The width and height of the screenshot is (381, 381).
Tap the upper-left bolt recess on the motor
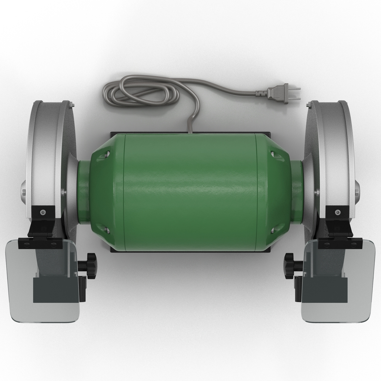tap(106, 154)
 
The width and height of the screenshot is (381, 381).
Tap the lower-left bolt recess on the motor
tap(106, 231)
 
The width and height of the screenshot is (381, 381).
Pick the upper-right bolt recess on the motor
tap(274, 154)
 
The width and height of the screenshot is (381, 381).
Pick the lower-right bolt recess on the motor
tap(274, 231)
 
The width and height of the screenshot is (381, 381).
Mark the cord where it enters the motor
tap(190, 129)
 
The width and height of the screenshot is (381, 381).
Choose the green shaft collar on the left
tap(83, 192)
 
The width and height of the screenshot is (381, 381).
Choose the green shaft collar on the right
tap(297, 192)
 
